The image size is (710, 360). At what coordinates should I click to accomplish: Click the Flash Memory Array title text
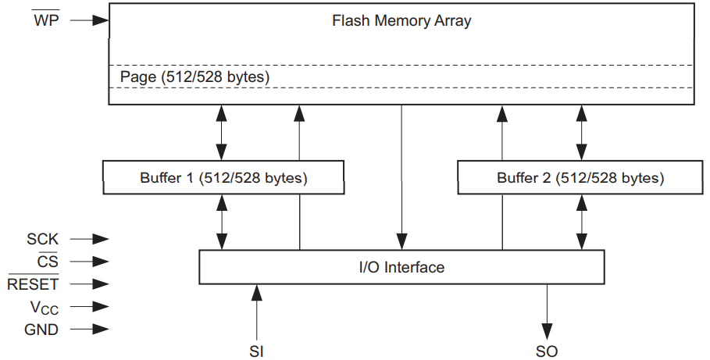[x=401, y=21]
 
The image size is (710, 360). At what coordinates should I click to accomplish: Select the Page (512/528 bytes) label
[x=194, y=77]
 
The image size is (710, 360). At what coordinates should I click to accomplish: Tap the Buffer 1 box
[x=223, y=178]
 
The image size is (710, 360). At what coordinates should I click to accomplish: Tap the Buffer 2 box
[x=580, y=178]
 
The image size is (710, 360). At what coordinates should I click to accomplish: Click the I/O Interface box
[x=401, y=267]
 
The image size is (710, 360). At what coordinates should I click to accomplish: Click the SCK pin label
[x=43, y=239]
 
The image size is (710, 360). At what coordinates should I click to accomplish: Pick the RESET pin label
[x=33, y=284]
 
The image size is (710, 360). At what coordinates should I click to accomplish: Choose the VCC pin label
[x=42, y=307]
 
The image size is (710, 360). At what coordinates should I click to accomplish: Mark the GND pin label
[x=42, y=330]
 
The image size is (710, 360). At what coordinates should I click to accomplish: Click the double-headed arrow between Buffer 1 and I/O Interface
[x=223, y=222]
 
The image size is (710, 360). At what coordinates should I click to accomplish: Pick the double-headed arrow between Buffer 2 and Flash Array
[x=580, y=133]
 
